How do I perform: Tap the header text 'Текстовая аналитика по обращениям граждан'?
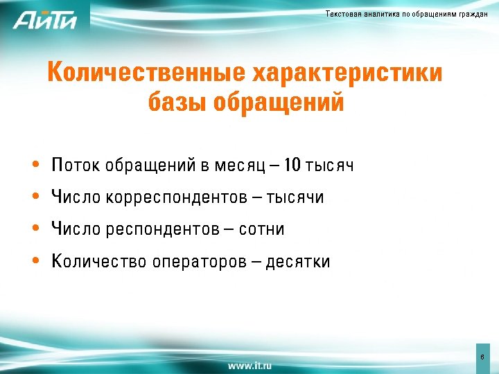407,15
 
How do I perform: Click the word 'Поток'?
76,166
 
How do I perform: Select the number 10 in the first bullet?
292,166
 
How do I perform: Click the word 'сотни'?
262,229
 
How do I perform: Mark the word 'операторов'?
196,262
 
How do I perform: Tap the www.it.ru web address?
249,364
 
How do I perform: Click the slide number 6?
482,356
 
